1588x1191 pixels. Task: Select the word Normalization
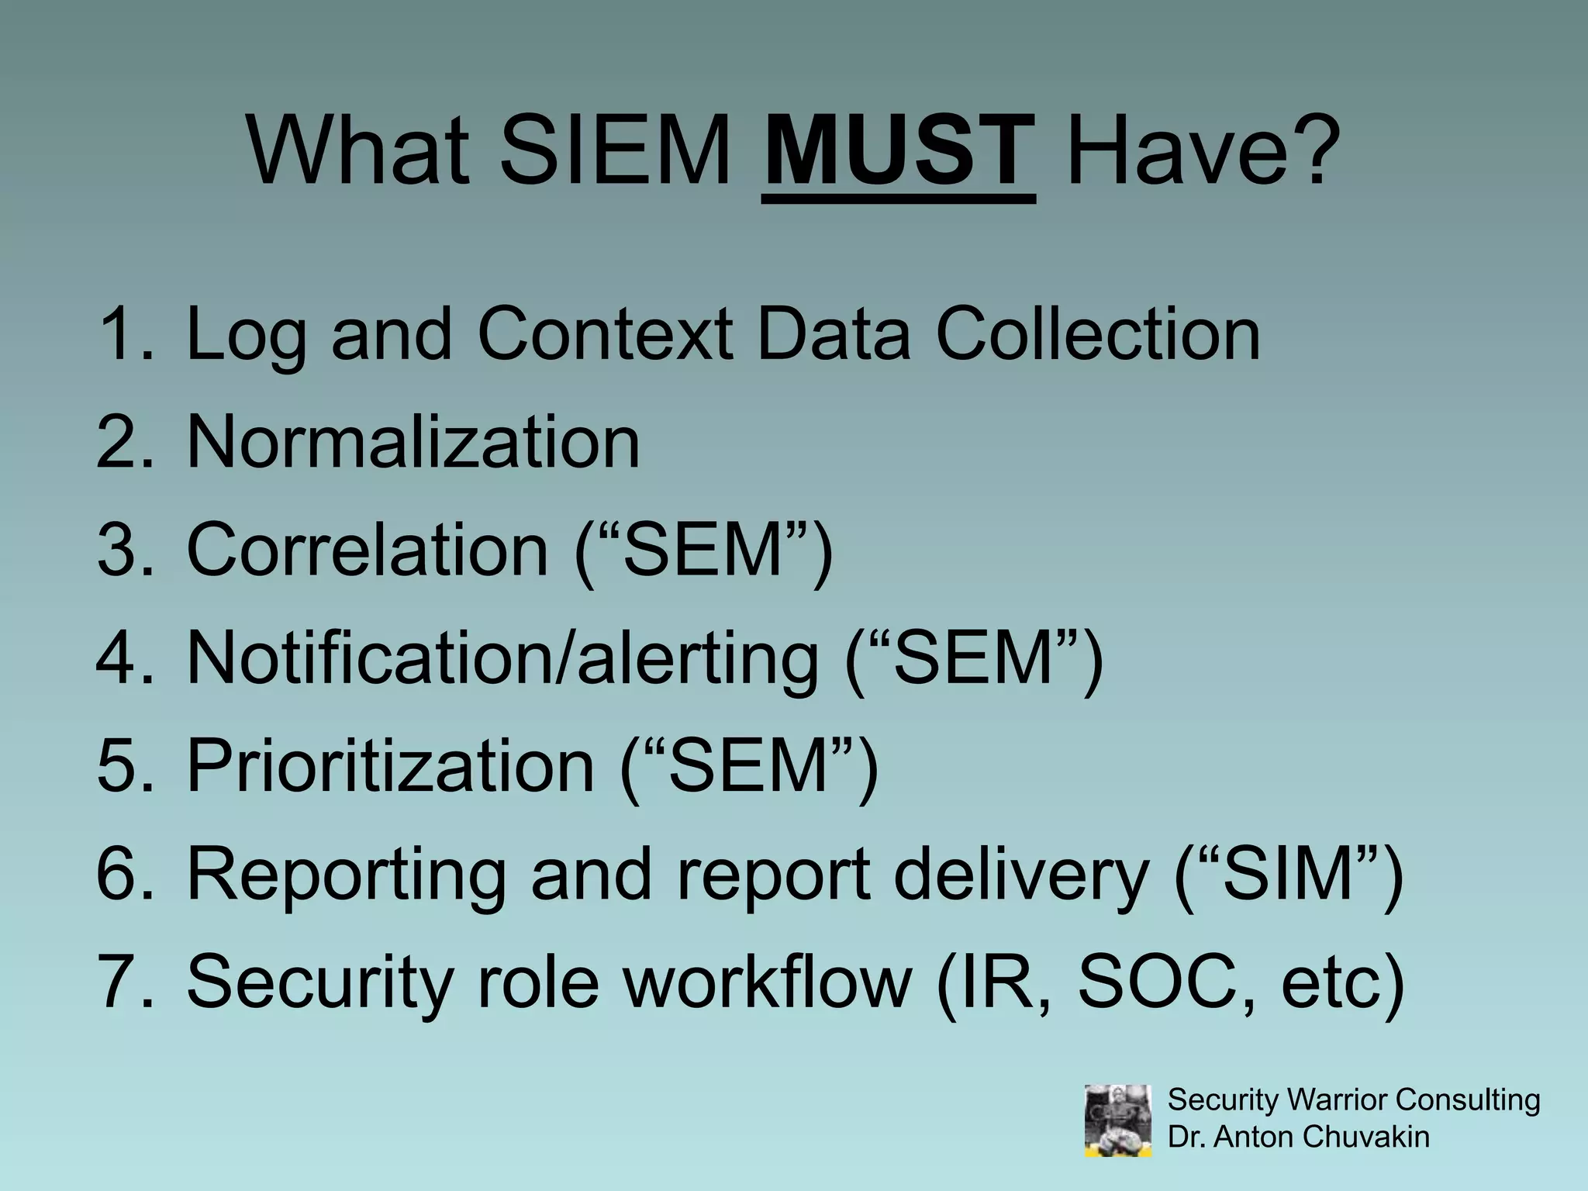click(413, 442)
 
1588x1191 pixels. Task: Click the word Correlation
click(368, 550)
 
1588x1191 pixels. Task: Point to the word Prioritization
click(390, 766)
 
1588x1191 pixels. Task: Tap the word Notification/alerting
click(502, 658)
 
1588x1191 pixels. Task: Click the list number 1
click(124, 334)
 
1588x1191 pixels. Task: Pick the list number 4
click(124, 658)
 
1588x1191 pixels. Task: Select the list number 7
click(124, 982)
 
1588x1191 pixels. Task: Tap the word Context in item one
click(605, 334)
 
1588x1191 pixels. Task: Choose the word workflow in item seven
click(768, 982)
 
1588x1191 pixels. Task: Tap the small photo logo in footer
click(1117, 1120)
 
